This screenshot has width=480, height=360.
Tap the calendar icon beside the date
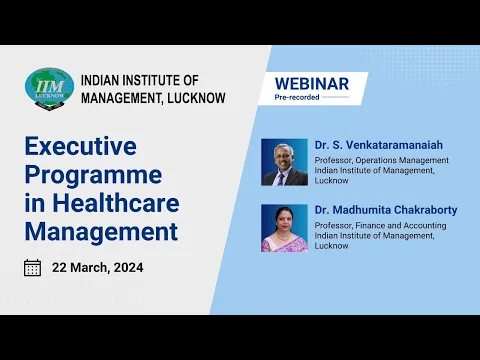click(x=33, y=267)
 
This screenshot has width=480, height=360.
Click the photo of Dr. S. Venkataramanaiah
click(x=283, y=162)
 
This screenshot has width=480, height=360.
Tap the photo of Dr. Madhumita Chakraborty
click(x=283, y=228)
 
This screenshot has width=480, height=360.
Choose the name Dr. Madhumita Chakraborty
click(x=380, y=210)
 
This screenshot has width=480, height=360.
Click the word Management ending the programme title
click(x=100, y=234)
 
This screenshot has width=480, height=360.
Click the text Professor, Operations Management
click(x=381, y=160)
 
